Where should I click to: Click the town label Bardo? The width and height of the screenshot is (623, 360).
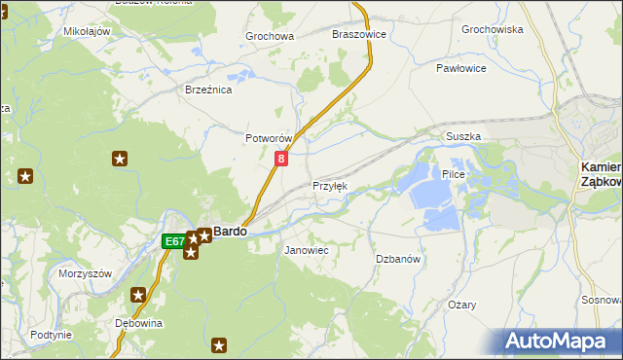230,232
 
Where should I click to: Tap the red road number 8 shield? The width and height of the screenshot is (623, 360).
281,158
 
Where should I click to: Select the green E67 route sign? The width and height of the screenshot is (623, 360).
173,240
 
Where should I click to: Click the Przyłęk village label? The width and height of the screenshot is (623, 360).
329,186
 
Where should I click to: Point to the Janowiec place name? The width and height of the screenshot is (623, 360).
306,250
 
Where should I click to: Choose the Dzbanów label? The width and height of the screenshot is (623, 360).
397,259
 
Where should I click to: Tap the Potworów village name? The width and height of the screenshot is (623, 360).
269,139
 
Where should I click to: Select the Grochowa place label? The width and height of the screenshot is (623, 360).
270,37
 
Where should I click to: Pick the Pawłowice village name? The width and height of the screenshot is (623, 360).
460,69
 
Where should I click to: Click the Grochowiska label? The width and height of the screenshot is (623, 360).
492,30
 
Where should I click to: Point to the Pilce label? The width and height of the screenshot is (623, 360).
454,174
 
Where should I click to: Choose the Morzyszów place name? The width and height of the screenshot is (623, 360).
87,272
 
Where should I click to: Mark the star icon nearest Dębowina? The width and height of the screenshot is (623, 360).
139,295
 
